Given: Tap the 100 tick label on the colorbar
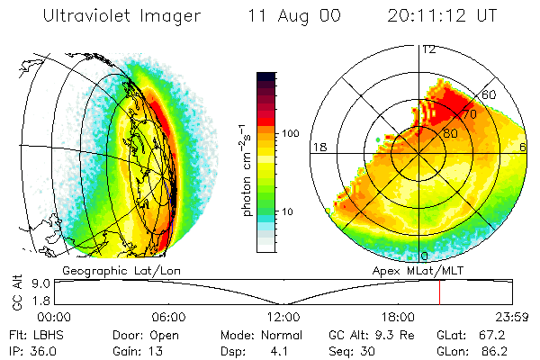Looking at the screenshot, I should tap(291, 133).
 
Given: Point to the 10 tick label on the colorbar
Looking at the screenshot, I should tap(288, 212).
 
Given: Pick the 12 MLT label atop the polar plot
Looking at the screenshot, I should tap(428, 49).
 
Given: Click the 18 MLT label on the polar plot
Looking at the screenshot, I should tap(318, 147).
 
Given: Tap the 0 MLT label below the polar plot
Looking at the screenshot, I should tap(425, 256).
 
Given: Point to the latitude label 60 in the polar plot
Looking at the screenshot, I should tap(490, 94).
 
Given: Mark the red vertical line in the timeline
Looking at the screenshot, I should tap(439, 292).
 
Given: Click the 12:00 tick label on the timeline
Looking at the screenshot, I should tap(283, 317).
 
